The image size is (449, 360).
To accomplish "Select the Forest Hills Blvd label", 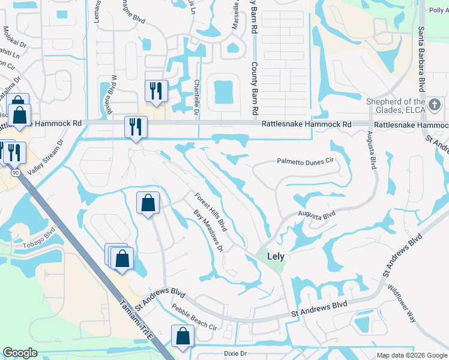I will coord(210,211).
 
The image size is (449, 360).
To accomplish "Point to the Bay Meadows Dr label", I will coord(208,230).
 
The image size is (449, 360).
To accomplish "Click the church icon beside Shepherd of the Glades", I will coord(435,106).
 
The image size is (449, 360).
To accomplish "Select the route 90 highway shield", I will coord(14,172).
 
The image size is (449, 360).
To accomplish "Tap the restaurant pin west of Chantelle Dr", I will coord(155,91).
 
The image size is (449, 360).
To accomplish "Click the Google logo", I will coord(20,353).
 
